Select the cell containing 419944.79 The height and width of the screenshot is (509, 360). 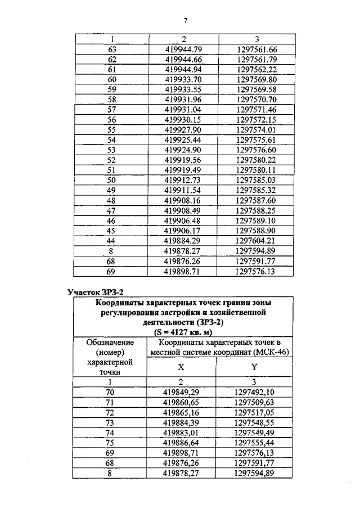point(183,49)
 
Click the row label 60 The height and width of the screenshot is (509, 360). point(111,79)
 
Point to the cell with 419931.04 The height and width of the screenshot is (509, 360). point(183,109)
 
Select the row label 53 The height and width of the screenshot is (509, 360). point(111,150)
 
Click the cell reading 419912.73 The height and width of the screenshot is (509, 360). point(183,180)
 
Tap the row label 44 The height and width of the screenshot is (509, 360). point(111,241)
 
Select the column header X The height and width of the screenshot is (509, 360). point(181,366)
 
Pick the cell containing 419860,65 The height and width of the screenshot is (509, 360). point(182,402)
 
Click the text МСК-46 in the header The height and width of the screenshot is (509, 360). point(271,353)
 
